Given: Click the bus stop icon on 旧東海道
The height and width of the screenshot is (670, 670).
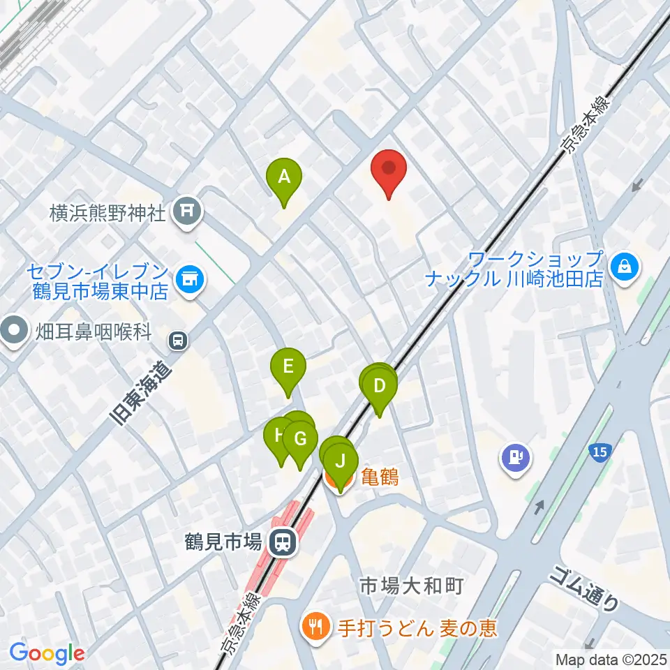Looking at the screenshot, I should [x=178, y=341].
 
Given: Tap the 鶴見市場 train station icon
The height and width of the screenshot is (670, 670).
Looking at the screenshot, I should [x=283, y=541].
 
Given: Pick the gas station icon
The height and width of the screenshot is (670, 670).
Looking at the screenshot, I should [x=515, y=459].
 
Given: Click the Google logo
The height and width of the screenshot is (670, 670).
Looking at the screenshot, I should [x=47, y=653].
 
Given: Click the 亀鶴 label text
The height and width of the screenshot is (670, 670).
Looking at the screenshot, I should [x=380, y=478].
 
